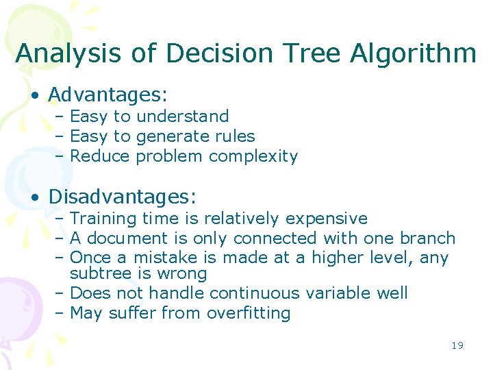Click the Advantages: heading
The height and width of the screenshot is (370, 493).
(x=108, y=93)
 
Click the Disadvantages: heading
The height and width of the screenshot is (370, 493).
(x=123, y=197)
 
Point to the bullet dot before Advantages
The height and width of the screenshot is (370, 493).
(x=35, y=95)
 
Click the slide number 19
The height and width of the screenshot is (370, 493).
(x=457, y=345)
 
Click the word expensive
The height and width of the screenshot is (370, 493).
(x=326, y=219)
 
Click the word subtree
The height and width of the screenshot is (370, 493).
(x=95, y=274)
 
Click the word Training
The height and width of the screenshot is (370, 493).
(x=103, y=219)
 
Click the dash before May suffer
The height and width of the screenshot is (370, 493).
(x=59, y=313)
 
